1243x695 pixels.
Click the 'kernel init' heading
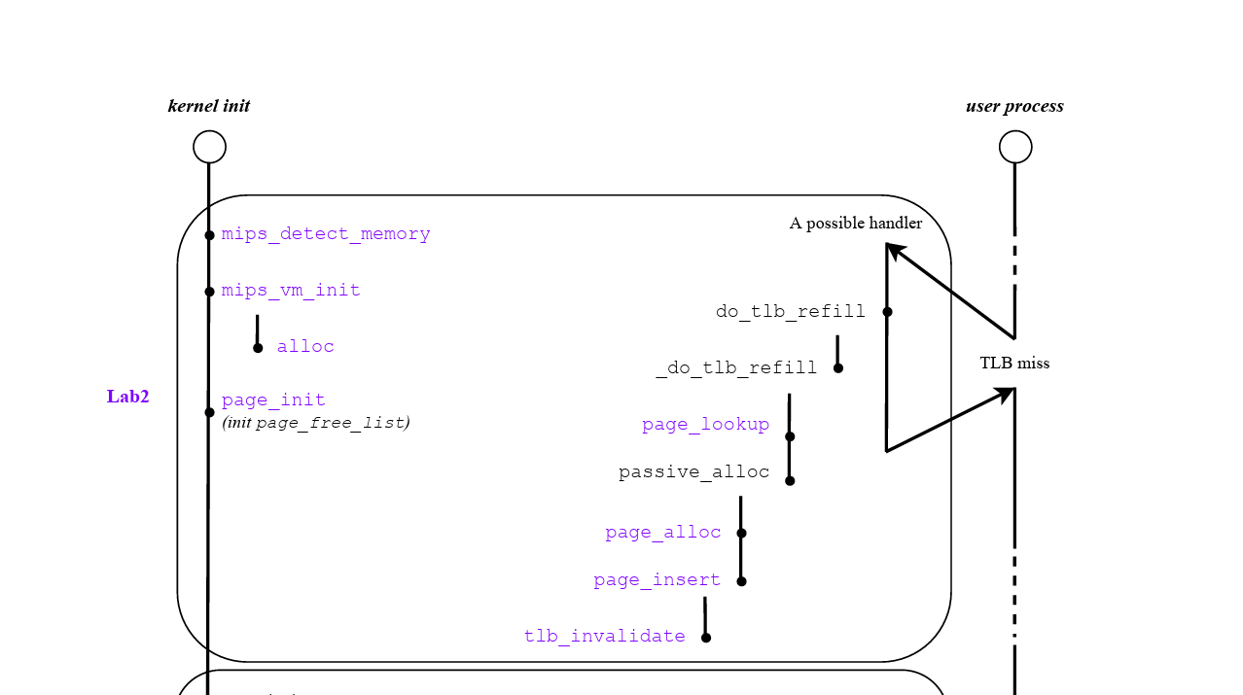click(209, 106)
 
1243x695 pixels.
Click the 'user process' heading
click(1014, 106)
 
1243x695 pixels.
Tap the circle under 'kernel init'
click(209, 147)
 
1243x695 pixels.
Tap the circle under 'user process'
click(1015, 147)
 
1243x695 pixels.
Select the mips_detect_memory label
click(326, 234)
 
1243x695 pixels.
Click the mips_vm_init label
click(291, 291)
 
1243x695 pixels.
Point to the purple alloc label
click(305, 347)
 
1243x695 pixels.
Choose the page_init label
click(273, 400)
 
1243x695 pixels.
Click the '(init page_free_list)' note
click(316, 423)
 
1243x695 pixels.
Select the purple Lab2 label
click(128, 397)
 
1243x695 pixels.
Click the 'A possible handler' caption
click(856, 224)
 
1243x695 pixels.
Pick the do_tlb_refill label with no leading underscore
click(790, 312)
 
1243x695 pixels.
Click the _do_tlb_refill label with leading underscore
click(736, 368)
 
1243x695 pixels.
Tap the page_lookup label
click(705, 425)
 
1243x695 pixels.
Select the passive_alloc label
click(693, 472)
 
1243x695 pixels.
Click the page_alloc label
click(663, 533)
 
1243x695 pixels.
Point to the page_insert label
click(657, 580)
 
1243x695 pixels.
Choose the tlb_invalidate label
click(605, 637)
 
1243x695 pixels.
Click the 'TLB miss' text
click(1014, 364)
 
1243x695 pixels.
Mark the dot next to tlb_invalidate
click(706, 638)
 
